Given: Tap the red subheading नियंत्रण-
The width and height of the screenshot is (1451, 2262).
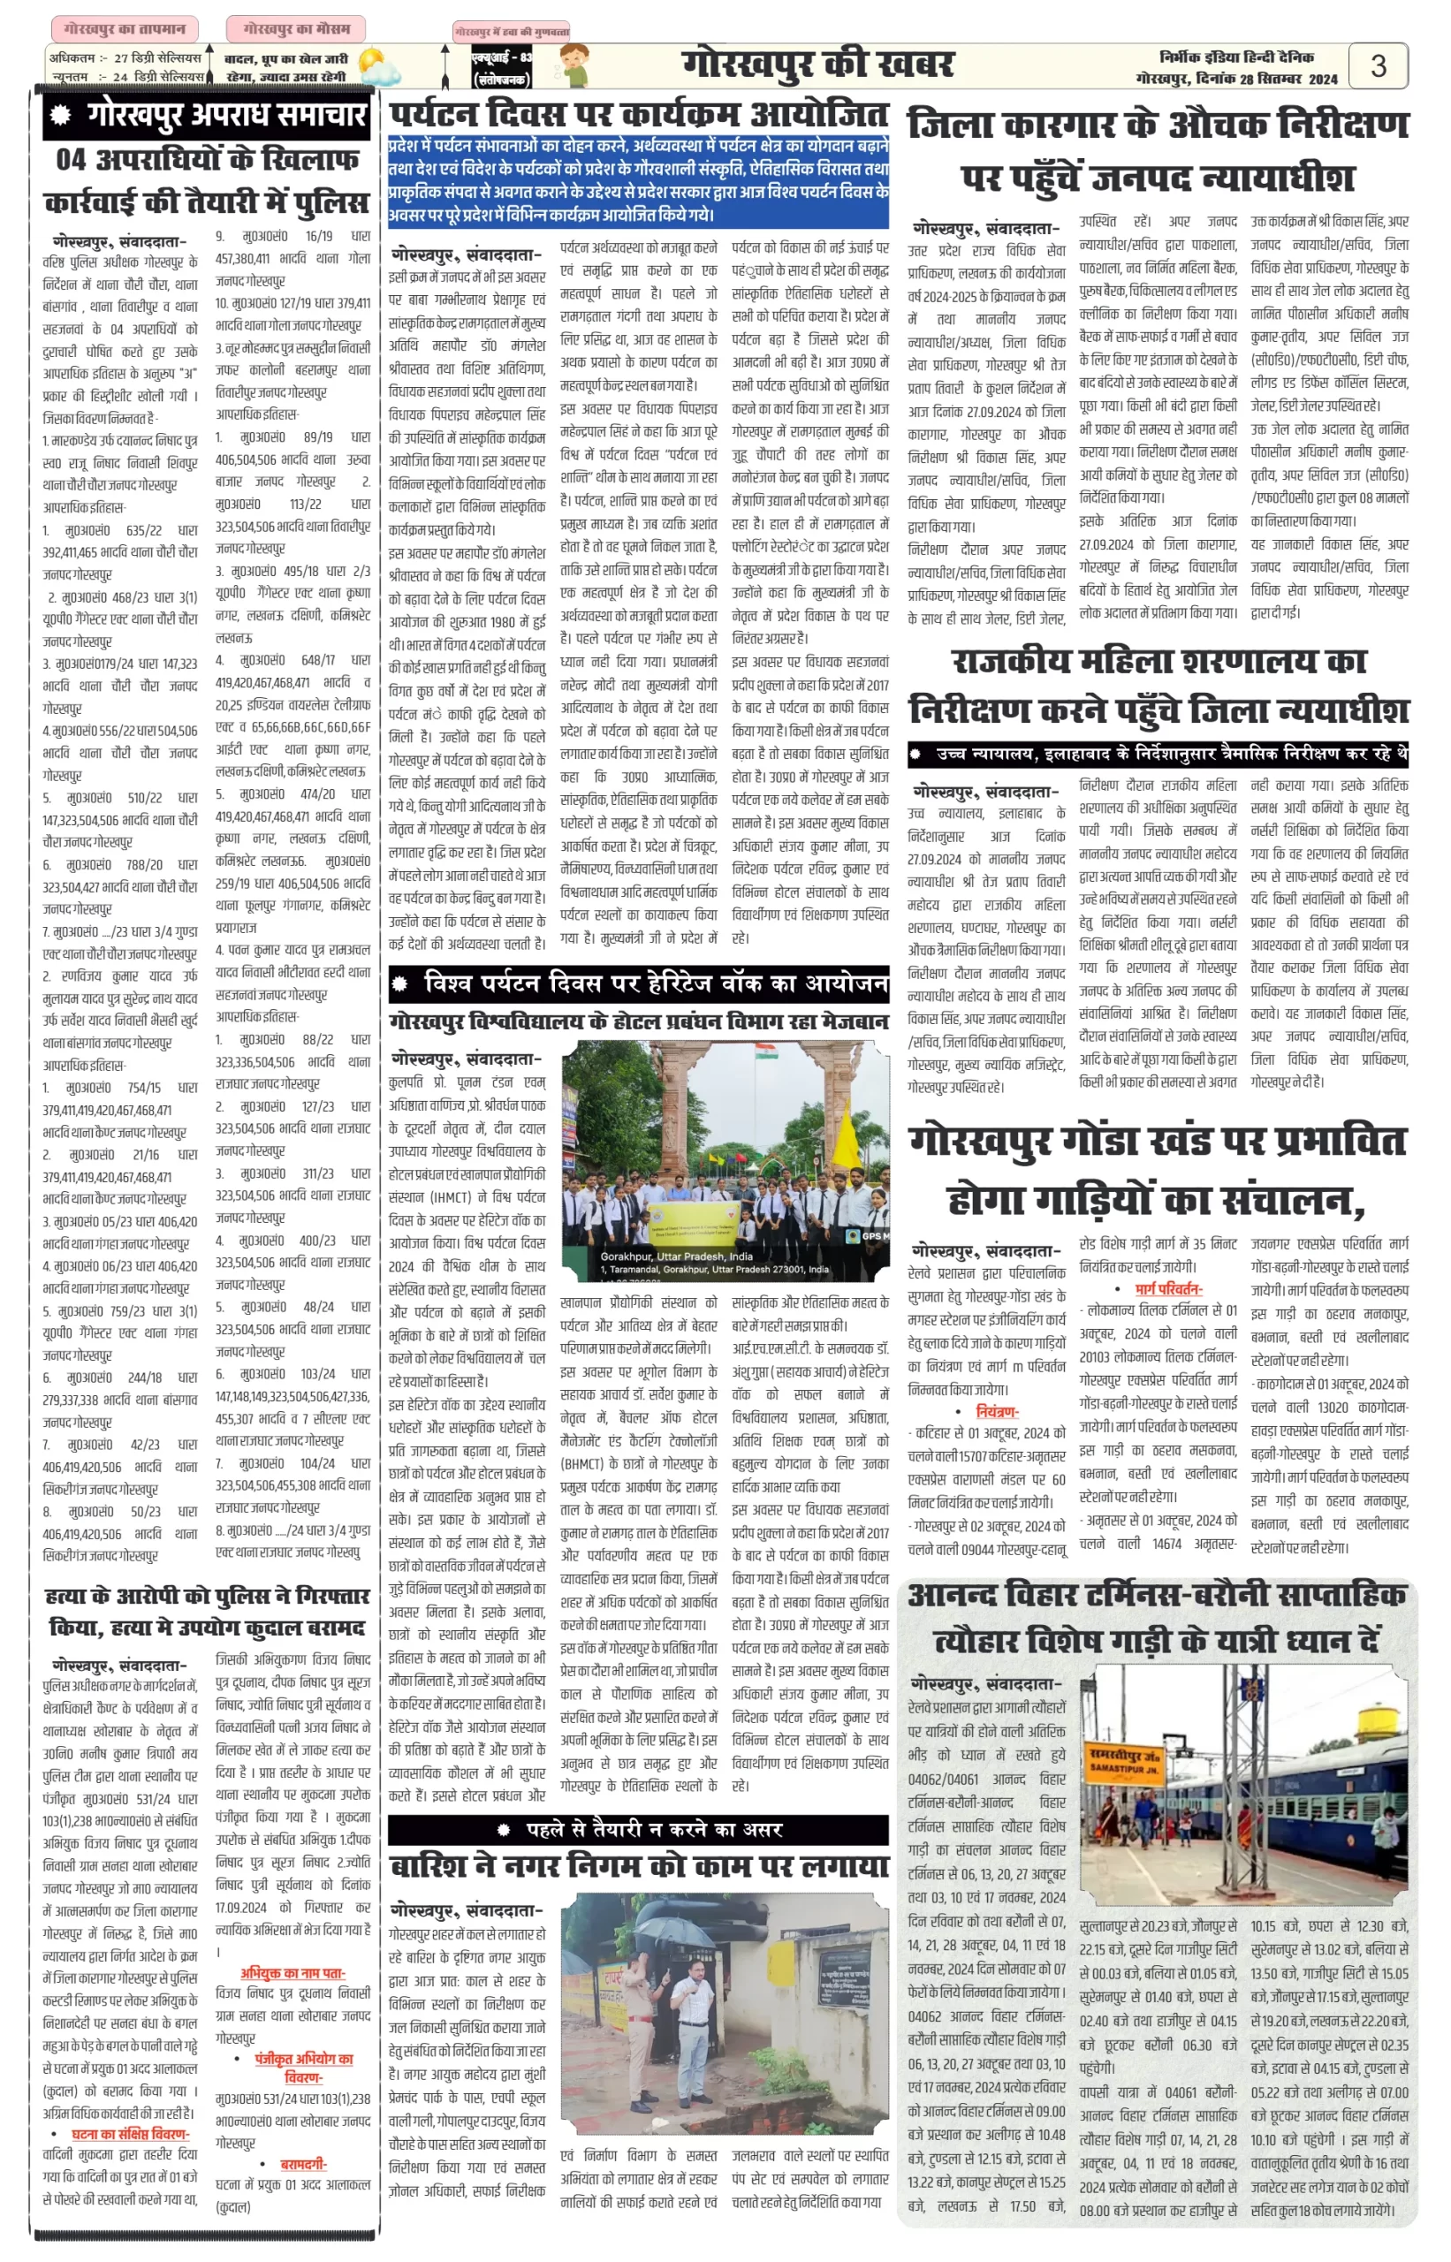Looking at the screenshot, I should coord(996,1411).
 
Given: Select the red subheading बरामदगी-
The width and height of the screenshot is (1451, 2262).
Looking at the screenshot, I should coord(303,2163).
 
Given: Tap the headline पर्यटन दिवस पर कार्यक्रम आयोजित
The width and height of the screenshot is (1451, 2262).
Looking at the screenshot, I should coord(639,115).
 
